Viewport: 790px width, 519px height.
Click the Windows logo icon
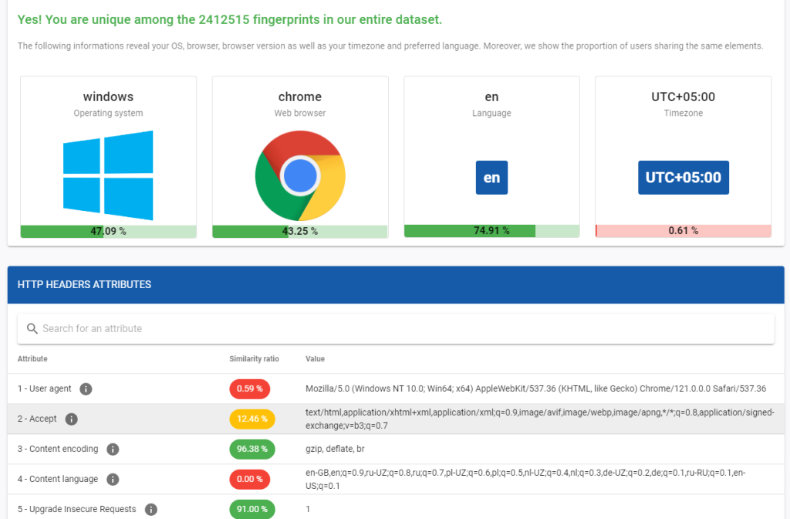coord(108,175)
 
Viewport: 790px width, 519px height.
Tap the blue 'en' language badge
coord(491,178)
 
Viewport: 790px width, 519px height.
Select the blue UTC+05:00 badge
coord(683,178)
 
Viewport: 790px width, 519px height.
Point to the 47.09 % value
coord(108,231)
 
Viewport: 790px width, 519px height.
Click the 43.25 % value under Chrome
coord(300,231)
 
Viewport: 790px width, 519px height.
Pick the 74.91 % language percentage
coord(491,230)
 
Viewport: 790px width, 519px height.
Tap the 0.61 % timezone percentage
coord(683,230)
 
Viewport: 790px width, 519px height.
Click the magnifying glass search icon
coord(32,328)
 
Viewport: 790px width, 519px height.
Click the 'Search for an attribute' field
coord(386,328)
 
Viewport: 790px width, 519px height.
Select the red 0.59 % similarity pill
coord(249,388)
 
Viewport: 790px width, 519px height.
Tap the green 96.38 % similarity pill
coord(252,449)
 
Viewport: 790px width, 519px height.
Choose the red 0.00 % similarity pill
coord(249,479)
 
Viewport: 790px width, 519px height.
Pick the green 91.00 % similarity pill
coord(252,509)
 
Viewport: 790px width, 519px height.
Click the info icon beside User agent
coord(86,388)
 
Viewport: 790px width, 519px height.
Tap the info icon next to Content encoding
coord(113,449)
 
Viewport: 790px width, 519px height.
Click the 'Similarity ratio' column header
coord(254,359)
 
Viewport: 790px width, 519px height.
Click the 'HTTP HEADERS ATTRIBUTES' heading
coord(84,284)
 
